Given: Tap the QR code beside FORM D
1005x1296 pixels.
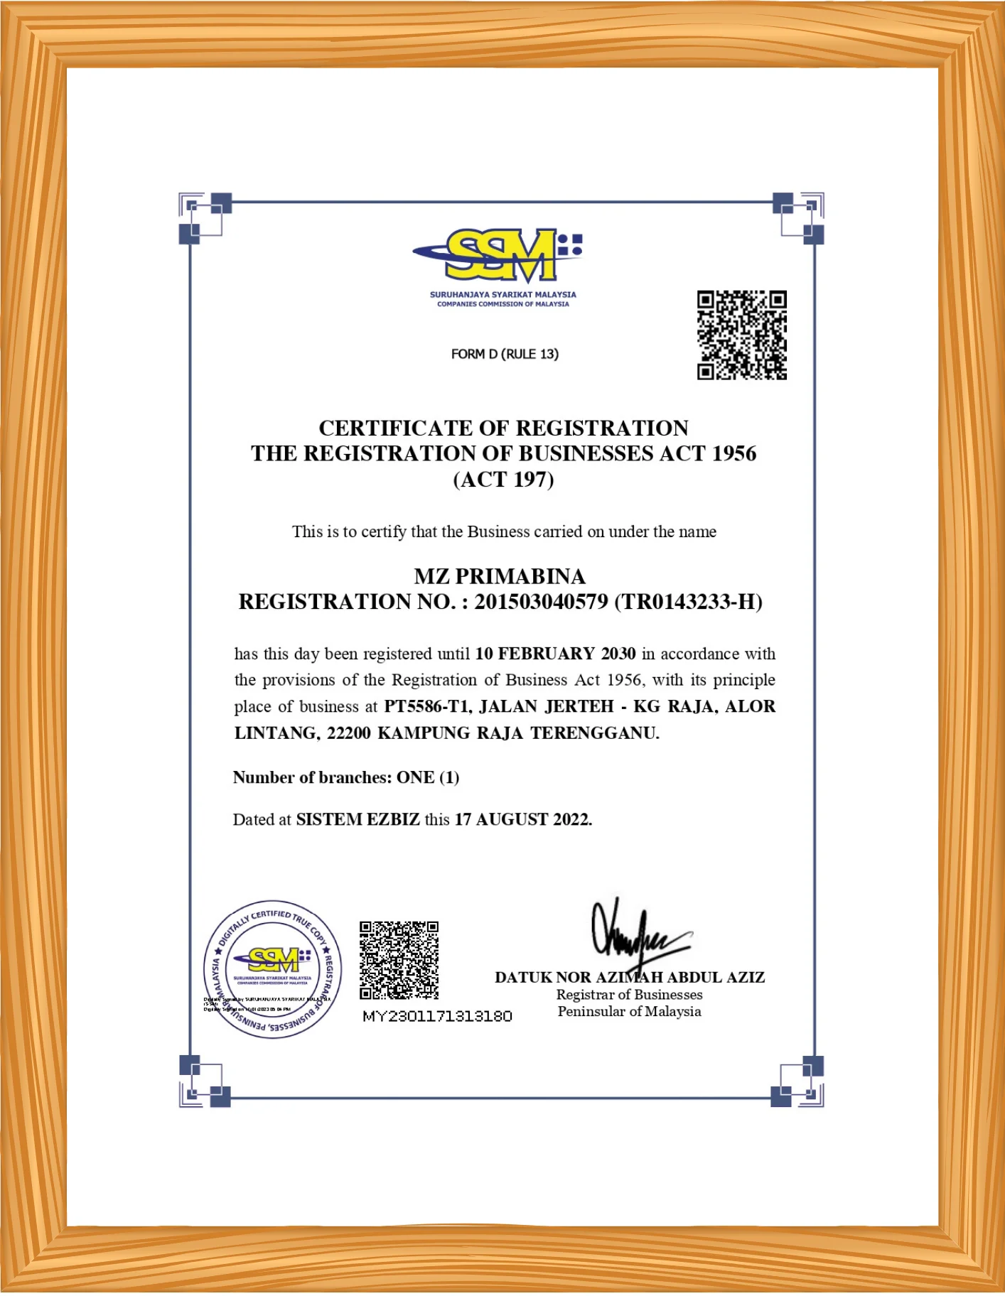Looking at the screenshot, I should pyautogui.click(x=741, y=335).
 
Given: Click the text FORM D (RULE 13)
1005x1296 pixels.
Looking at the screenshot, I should pyautogui.click(x=505, y=354).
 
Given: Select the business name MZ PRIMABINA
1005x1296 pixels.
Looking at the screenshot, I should pyautogui.click(x=500, y=576).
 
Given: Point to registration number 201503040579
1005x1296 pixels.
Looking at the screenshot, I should pyautogui.click(x=541, y=602).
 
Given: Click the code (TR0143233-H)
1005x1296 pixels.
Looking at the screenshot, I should pyautogui.click(x=688, y=602).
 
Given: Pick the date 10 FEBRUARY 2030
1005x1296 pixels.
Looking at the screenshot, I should pyautogui.click(x=555, y=654).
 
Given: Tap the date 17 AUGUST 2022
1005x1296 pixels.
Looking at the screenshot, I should pyautogui.click(x=523, y=819).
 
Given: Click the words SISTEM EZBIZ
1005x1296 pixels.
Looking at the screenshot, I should pyautogui.click(x=358, y=819).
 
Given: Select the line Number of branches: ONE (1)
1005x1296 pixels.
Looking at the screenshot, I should pyautogui.click(x=346, y=777).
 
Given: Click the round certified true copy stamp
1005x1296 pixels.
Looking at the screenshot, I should pyautogui.click(x=272, y=969).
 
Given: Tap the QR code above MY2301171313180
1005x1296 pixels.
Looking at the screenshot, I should pyautogui.click(x=399, y=961).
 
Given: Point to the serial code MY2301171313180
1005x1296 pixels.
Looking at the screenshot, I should pyautogui.click(x=437, y=1016).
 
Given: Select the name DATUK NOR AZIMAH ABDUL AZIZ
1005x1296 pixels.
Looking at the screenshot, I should pyautogui.click(x=630, y=978).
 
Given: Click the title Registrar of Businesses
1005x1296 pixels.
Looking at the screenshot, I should pyautogui.click(x=629, y=995).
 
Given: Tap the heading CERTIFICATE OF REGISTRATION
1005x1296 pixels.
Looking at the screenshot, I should pyautogui.click(x=503, y=428).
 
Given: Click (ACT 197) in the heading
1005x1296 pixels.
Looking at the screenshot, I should pyautogui.click(x=503, y=480).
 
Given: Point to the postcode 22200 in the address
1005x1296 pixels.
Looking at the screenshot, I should pyautogui.click(x=348, y=733).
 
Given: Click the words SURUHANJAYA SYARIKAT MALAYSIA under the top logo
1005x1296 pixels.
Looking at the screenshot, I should pyautogui.click(x=502, y=294).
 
